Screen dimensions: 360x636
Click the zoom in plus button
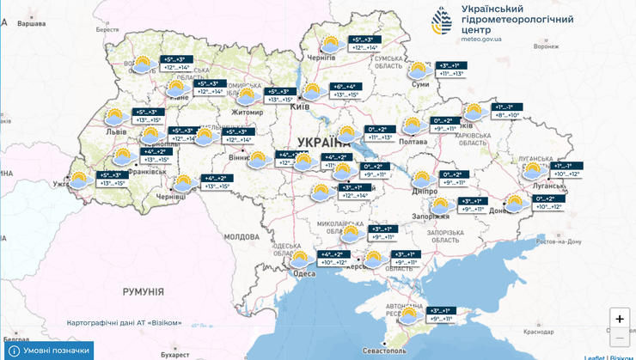click(x=620, y=318)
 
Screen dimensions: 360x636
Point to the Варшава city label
click(x=31, y=23)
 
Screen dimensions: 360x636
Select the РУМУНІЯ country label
click(x=143, y=292)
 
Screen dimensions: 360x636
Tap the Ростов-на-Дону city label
click(x=566, y=242)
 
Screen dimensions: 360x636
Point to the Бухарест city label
click(x=174, y=353)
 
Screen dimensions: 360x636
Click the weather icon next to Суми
click(x=419, y=70)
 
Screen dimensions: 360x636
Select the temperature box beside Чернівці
click(x=215, y=182)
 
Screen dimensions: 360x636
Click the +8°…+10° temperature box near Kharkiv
click(x=507, y=111)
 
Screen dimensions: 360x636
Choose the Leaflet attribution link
click(x=594, y=356)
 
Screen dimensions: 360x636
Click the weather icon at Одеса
click(x=299, y=259)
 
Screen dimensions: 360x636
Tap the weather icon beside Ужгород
click(x=78, y=180)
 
